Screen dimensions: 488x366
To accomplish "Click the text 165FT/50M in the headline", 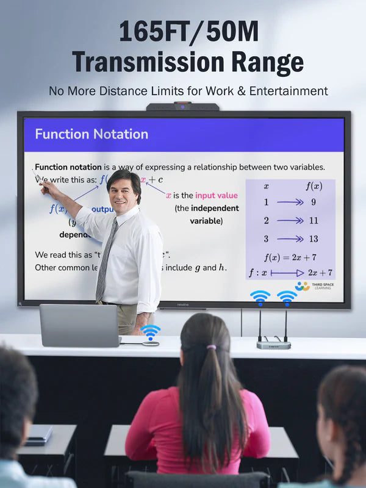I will (x=183, y=32).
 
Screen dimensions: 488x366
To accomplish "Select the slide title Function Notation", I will (x=91, y=134).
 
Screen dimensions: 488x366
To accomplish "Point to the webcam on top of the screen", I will (x=182, y=107).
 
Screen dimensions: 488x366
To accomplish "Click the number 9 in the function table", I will (x=314, y=203).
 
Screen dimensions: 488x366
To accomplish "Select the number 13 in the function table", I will (x=314, y=239).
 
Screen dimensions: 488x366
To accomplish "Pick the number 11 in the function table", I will (x=314, y=221).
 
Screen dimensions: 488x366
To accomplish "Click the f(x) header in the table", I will (x=314, y=186).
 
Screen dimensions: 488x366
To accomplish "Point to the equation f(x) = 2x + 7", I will (x=290, y=257).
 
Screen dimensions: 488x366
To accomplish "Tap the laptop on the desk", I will (x=79, y=325).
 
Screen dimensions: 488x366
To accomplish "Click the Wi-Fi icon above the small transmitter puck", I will (x=151, y=332).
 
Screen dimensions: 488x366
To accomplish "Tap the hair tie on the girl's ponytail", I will (x=211, y=347).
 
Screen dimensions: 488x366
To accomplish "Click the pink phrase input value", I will (x=217, y=196).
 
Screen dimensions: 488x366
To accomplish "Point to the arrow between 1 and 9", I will (x=290, y=203).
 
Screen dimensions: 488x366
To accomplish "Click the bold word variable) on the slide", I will (x=206, y=221).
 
